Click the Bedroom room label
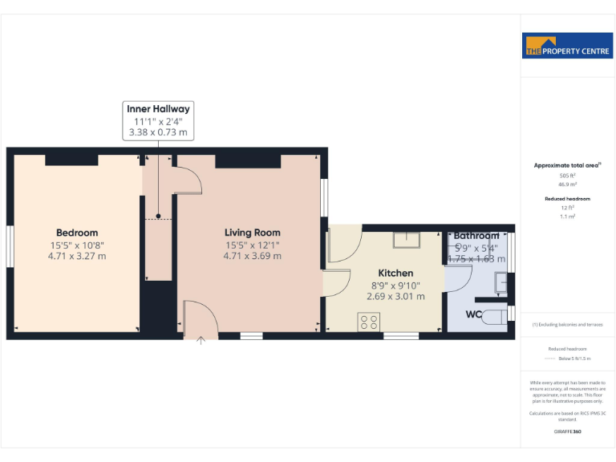pos(77,233)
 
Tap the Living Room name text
pos(252,233)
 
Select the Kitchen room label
pos(395,274)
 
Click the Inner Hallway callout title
pos(158,109)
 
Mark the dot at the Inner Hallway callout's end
pos(159,216)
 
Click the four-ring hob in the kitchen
pos(370,322)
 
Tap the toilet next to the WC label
pos(498,315)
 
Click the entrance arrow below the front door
pos(201,340)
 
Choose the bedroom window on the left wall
pos(10,246)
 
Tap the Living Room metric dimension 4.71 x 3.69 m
pos(252,257)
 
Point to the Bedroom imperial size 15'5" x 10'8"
pos(77,245)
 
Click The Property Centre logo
pos(567,47)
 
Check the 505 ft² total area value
pos(567,175)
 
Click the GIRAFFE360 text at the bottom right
pos(567,432)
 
